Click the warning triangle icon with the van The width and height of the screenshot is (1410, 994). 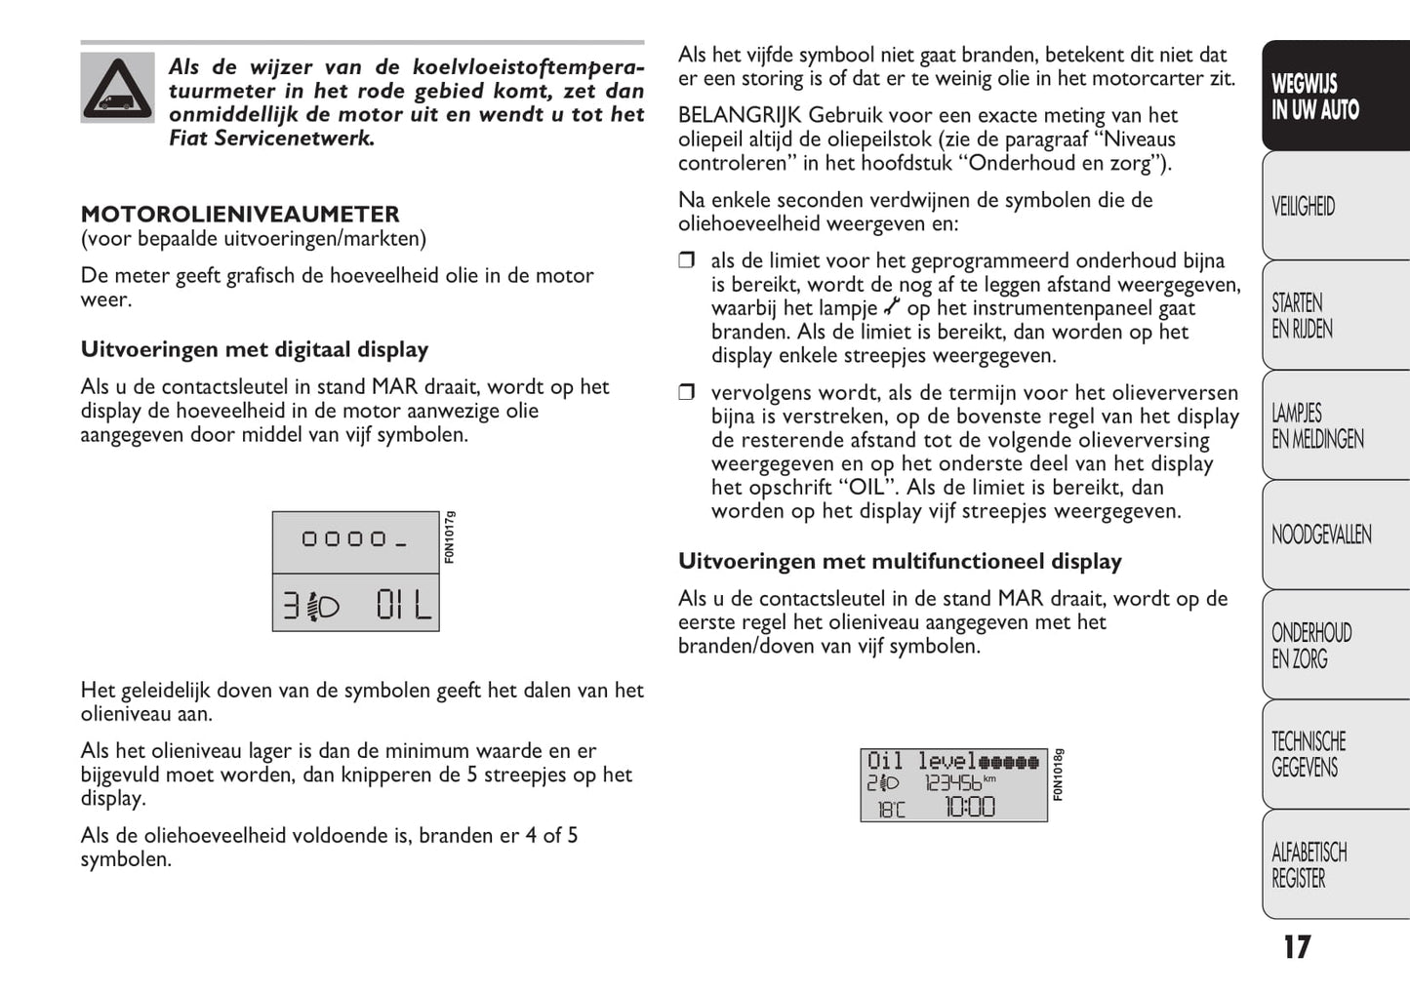[117, 88]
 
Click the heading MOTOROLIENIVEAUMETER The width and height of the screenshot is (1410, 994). [240, 215]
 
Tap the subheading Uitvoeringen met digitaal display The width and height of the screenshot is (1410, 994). [255, 349]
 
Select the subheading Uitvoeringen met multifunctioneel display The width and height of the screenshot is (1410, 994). [900, 561]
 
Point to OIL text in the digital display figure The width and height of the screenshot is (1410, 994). [404, 606]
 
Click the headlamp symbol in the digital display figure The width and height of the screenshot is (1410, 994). [323, 607]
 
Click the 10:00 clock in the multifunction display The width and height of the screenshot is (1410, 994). [969, 807]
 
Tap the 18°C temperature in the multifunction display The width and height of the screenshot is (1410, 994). [890, 809]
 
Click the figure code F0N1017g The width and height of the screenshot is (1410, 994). [449, 537]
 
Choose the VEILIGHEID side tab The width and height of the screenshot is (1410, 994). [1303, 207]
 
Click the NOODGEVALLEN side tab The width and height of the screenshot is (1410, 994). [1321, 535]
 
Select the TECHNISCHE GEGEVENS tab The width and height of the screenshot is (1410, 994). [1309, 754]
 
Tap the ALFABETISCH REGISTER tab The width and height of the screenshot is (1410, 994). [1309, 865]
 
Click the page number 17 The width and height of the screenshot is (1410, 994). [1297, 947]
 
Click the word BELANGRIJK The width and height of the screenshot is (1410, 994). [739, 115]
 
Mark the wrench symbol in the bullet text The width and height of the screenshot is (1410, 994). [892, 307]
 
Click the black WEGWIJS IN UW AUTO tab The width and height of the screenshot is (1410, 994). [1314, 97]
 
